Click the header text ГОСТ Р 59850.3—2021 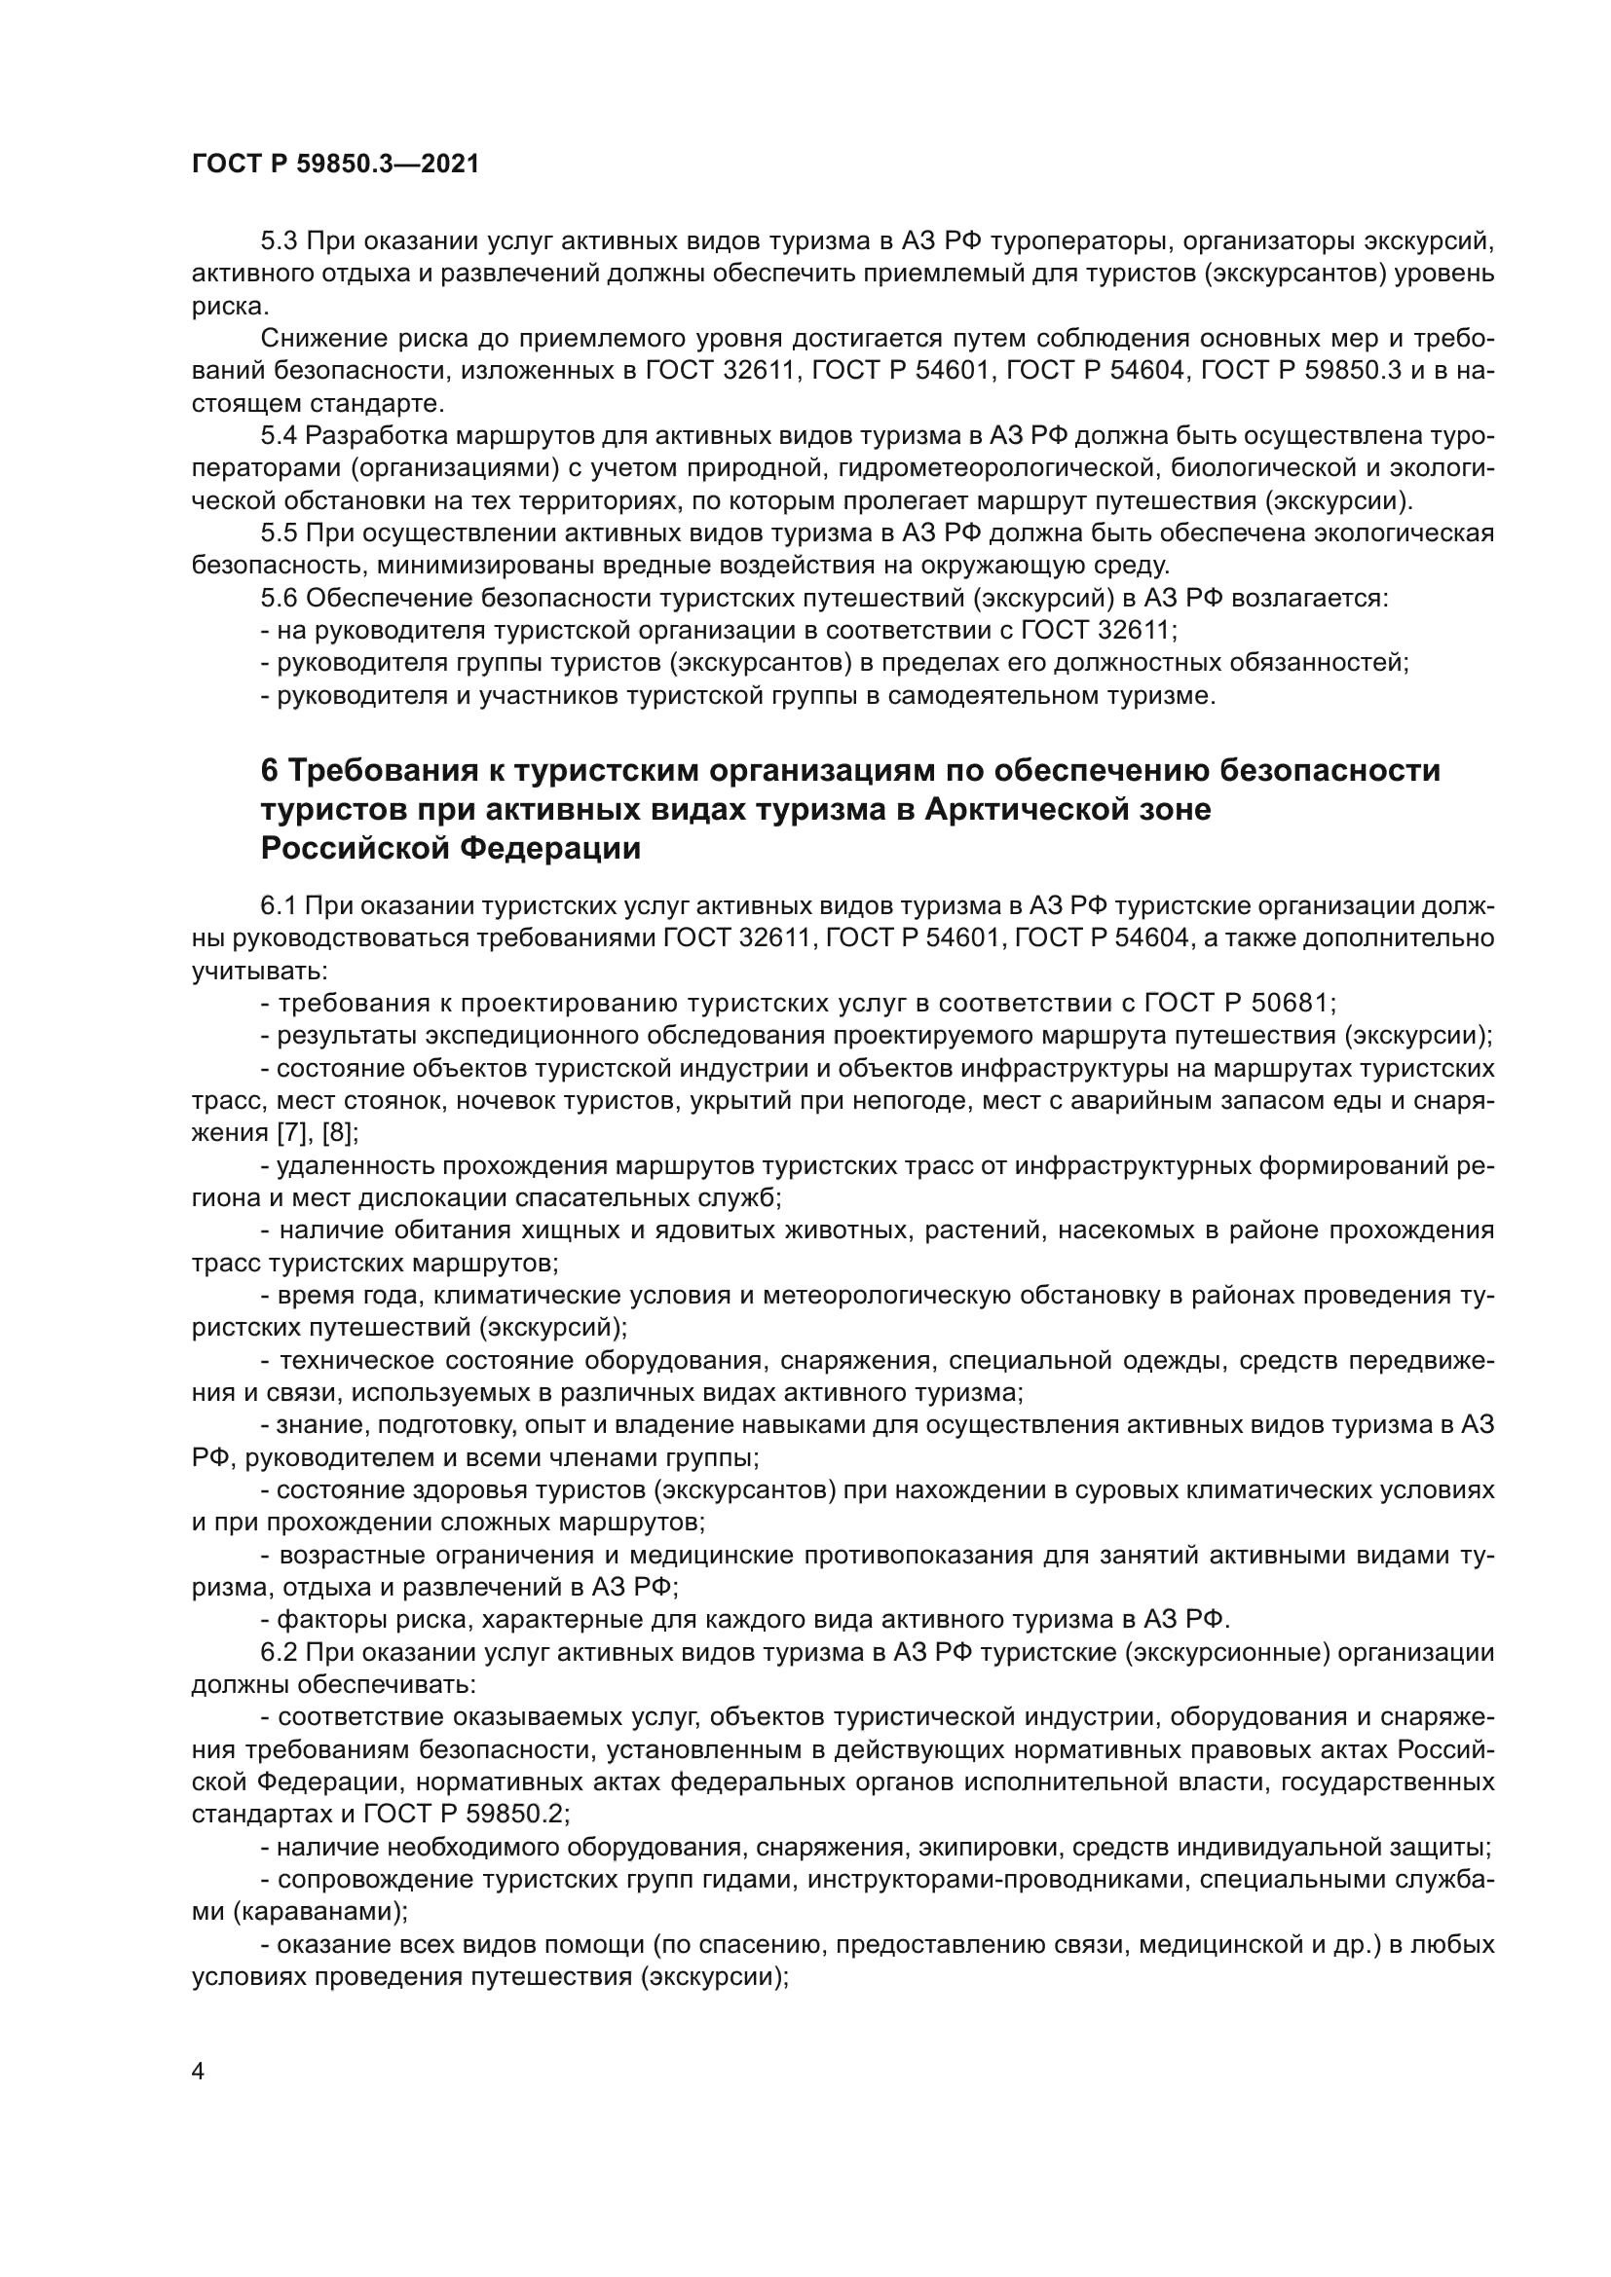coord(334,165)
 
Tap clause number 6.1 coord(279,905)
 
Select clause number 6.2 coord(279,1652)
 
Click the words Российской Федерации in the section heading coord(450,849)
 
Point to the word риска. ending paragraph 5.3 coord(229,307)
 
